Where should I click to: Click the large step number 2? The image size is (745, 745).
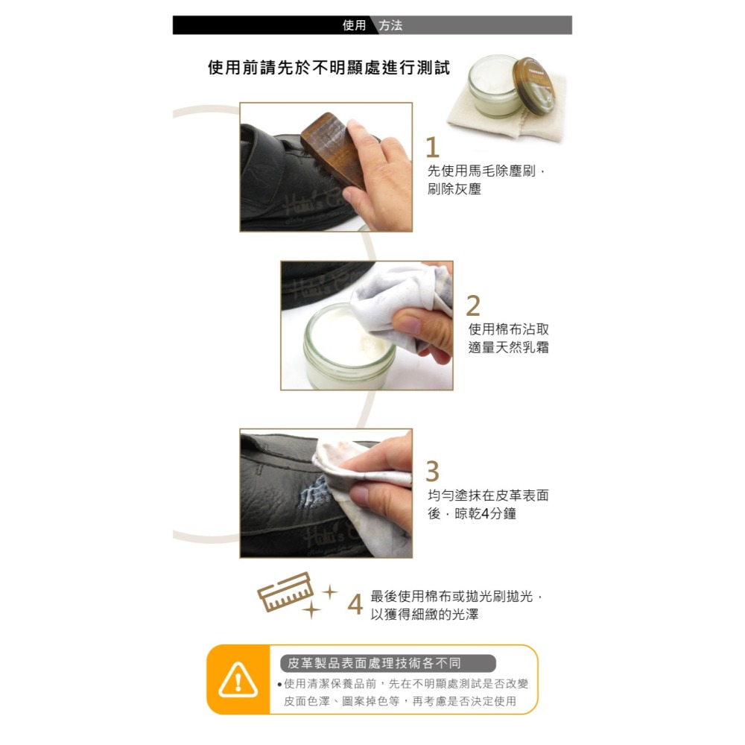tap(474, 305)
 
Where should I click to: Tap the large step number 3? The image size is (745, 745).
tap(433, 472)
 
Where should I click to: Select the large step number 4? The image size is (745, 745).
tap(355, 604)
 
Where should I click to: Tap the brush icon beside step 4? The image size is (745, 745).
tap(284, 592)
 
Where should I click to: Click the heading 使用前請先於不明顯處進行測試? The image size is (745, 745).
tap(329, 69)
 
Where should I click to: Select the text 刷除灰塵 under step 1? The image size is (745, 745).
tap(454, 189)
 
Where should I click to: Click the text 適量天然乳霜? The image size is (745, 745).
tap(508, 346)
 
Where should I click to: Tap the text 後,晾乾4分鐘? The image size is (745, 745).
tap(472, 514)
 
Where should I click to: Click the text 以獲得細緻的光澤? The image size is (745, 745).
tap(425, 615)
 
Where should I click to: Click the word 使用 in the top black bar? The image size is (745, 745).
tap(354, 25)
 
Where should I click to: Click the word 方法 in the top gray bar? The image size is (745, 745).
tap(390, 25)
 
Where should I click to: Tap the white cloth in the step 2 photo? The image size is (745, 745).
tap(395, 294)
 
